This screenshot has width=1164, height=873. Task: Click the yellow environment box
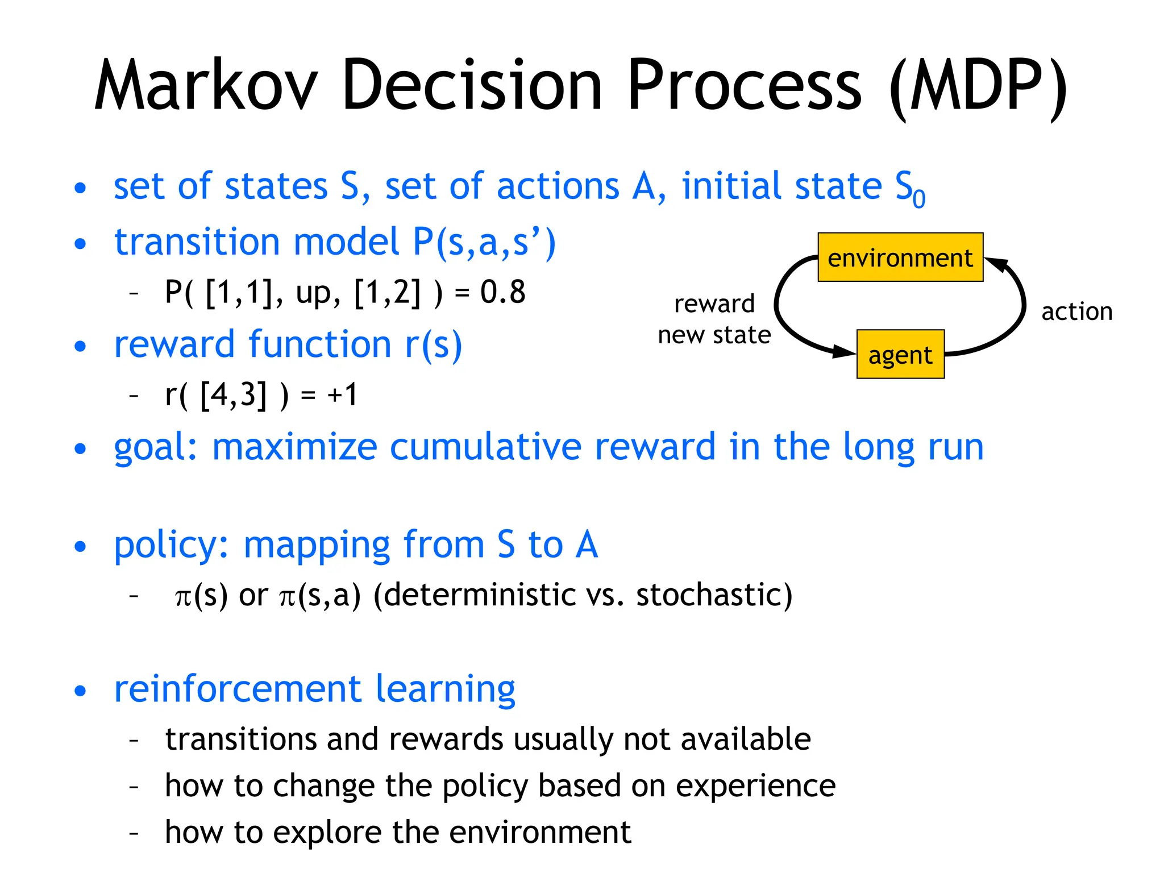(900, 257)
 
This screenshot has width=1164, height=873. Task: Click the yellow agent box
(900, 355)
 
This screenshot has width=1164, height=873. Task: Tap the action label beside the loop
(1076, 312)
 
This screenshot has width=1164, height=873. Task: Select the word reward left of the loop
(714, 304)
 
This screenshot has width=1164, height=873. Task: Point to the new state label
(714, 335)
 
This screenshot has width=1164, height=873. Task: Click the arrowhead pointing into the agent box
(845, 351)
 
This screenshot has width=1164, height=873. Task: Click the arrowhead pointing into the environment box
(996, 265)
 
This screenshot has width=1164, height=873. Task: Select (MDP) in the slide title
(979, 86)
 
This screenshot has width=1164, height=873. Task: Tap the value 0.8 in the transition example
(502, 292)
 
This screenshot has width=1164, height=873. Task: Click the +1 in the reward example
(342, 394)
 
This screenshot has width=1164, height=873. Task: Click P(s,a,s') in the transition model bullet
(484, 242)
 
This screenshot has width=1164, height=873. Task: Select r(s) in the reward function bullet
(434, 345)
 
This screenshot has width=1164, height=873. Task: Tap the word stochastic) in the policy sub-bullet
(714, 595)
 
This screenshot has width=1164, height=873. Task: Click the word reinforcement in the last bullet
(238, 689)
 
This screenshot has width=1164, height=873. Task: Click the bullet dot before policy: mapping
(80, 546)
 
